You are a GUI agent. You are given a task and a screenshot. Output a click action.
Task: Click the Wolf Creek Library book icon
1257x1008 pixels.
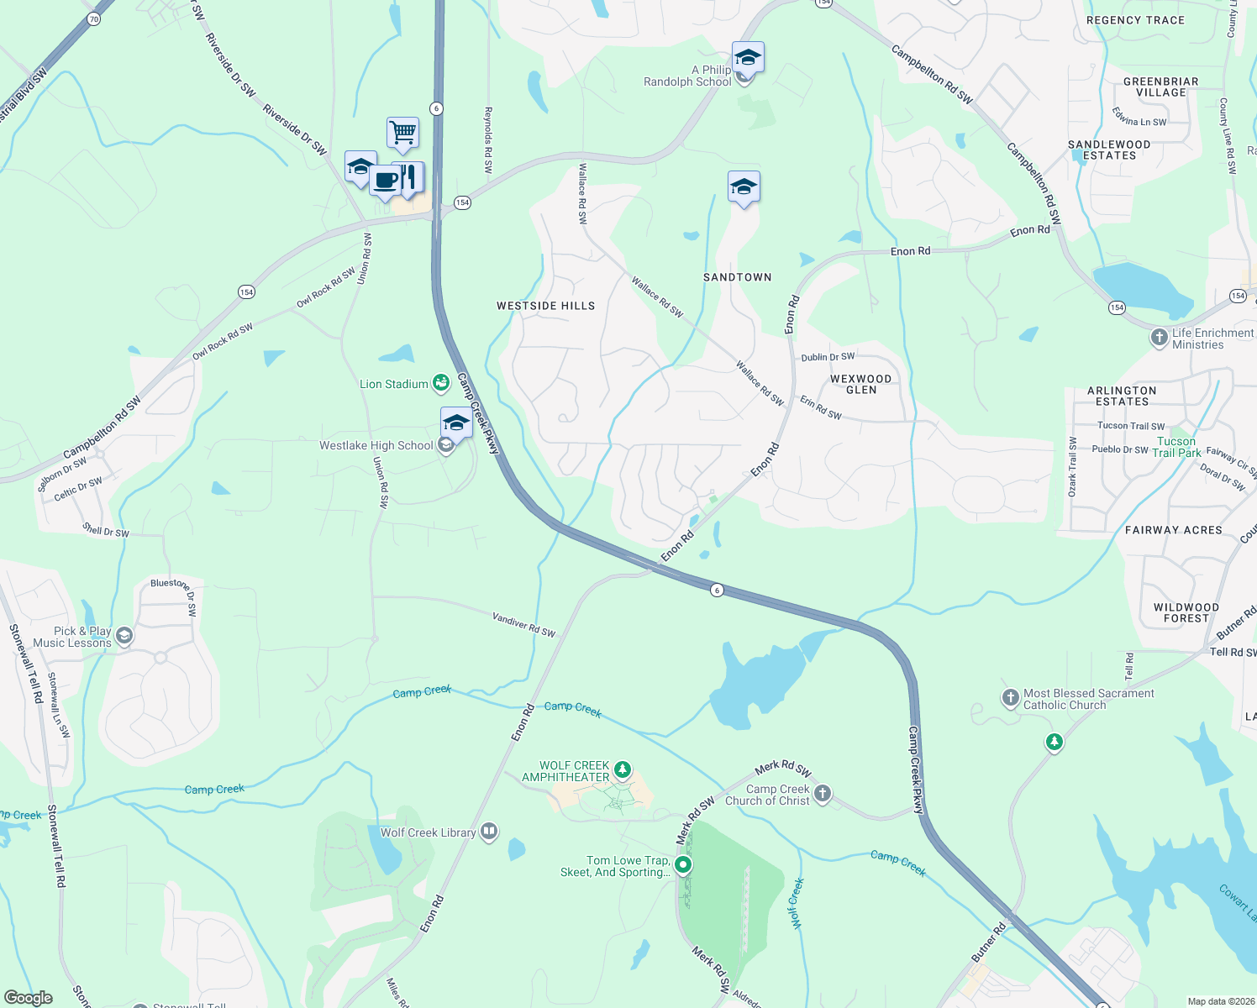tap(489, 832)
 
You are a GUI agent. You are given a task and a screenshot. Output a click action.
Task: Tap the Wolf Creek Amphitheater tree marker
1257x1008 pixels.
tap(622, 769)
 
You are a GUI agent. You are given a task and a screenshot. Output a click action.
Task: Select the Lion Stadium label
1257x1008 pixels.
tap(394, 384)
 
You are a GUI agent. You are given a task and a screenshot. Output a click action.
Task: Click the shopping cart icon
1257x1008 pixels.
tap(403, 132)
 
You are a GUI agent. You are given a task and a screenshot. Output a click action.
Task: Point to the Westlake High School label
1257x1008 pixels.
tap(376, 445)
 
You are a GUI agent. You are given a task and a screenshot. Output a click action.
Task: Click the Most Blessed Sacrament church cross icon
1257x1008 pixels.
tap(1011, 697)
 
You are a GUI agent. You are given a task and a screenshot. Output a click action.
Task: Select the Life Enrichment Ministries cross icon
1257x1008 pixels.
tap(1160, 338)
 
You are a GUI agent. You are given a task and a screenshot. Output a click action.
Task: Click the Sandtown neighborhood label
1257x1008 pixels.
tap(737, 277)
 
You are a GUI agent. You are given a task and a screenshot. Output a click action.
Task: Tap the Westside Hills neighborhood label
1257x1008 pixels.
tap(545, 306)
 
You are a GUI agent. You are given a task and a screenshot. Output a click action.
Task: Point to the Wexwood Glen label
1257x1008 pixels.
tap(861, 384)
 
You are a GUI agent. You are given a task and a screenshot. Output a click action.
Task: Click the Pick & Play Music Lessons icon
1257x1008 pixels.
tap(124, 636)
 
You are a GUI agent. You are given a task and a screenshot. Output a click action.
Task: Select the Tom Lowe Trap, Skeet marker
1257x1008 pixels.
tap(684, 864)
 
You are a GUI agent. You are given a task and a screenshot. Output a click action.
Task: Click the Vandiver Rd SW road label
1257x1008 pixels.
tap(523, 625)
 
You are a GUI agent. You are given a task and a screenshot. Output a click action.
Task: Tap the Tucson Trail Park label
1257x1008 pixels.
tap(1176, 447)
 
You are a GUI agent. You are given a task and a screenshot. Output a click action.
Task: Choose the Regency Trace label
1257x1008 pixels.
tap(1135, 20)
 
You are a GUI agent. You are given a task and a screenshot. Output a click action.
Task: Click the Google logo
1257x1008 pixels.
tap(29, 998)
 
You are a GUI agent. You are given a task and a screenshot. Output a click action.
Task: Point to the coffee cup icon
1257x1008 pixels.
tap(386, 180)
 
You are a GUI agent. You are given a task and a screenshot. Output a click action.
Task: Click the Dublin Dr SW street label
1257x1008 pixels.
tap(828, 357)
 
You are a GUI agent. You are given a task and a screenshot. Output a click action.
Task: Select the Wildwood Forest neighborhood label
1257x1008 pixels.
tap(1186, 612)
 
